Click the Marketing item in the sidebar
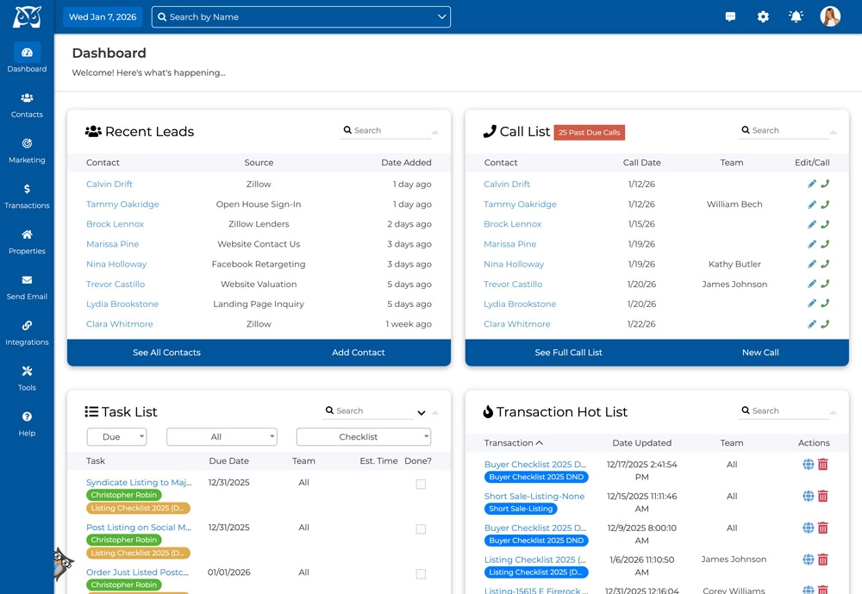click(x=27, y=150)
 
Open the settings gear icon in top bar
click(x=763, y=16)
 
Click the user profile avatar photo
click(x=830, y=16)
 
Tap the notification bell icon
click(x=796, y=16)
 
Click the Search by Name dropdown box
click(x=301, y=16)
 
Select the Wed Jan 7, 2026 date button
click(x=102, y=16)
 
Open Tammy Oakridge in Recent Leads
click(x=122, y=204)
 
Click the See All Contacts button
click(x=166, y=353)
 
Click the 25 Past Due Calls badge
click(x=589, y=133)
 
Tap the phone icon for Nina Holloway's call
click(x=825, y=265)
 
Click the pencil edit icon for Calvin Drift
click(x=812, y=184)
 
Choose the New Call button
click(x=759, y=353)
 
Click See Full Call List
click(x=568, y=353)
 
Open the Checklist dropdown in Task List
click(x=363, y=437)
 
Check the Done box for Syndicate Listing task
click(x=421, y=485)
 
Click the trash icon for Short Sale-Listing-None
click(x=823, y=497)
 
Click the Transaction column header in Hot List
click(x=514, y=443)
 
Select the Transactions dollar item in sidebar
click(x=27, y=196)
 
